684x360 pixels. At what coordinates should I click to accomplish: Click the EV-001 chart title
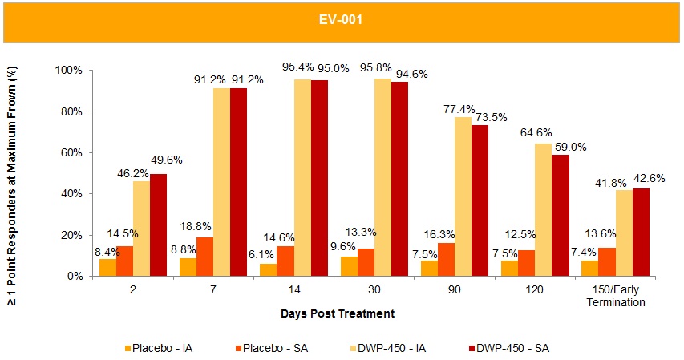tap(342, 20)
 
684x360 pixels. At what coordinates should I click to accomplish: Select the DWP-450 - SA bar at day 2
tap(158, 224)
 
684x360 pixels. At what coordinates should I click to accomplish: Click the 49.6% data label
tap(166, 160)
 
